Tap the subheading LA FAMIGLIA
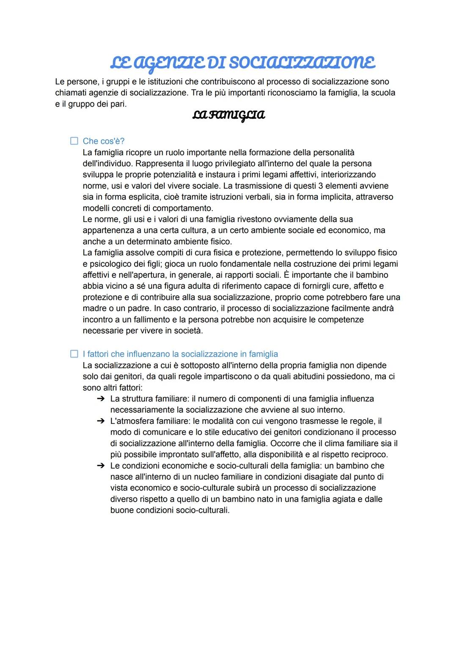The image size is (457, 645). [228, 115]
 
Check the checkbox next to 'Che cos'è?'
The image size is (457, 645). [74, 141]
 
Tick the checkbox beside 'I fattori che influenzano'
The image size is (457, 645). [74, 354]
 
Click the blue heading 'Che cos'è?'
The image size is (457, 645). [104, 141]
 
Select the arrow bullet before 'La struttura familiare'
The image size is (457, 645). [100, 399]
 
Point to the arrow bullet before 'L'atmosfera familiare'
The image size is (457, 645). [100, 421]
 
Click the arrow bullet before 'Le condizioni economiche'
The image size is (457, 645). [100, 466]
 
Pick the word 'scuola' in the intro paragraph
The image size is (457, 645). [383, 93]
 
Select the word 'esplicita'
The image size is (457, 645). [141, 197]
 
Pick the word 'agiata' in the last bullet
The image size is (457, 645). [343, 499]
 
